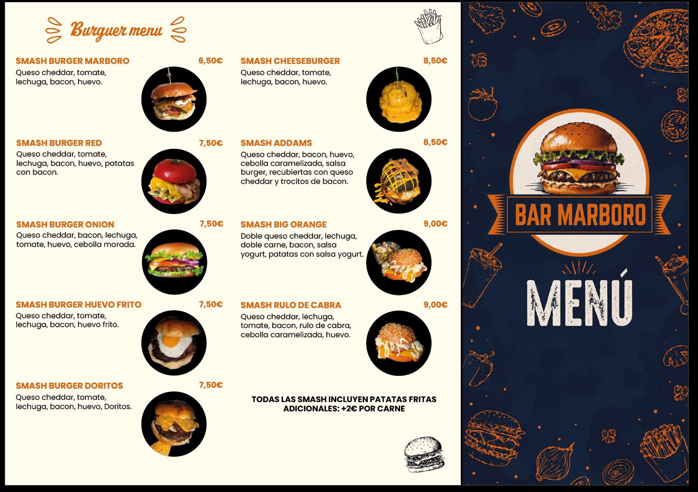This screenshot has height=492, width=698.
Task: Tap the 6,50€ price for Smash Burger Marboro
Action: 211,60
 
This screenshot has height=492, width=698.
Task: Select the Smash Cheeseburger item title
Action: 290,61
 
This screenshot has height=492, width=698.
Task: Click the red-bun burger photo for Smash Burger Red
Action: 174,181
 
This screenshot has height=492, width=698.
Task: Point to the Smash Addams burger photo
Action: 399,181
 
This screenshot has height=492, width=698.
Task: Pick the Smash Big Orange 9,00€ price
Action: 435,224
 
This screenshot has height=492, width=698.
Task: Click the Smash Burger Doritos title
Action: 69,386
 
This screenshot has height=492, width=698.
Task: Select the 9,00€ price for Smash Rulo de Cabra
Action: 435,305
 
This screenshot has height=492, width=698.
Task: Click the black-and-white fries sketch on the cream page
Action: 429,26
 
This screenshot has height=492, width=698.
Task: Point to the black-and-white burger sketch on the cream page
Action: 424,454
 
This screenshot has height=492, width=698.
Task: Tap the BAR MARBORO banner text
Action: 580,214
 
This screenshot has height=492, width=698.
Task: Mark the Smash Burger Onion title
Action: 65,224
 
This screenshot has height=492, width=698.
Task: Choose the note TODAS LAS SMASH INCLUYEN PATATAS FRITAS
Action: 344,399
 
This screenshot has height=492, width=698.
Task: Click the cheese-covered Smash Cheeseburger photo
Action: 399,99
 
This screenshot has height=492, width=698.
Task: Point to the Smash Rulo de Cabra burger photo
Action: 399,343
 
